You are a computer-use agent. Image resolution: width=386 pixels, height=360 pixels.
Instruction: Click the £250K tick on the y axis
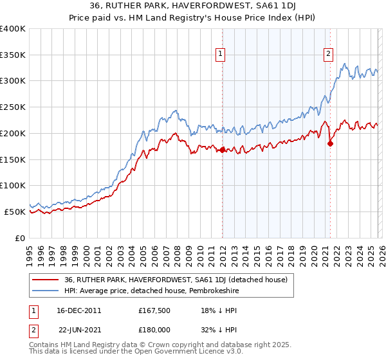[x=13, y=107]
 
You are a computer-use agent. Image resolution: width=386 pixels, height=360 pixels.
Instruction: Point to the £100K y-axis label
[x=13, y=185]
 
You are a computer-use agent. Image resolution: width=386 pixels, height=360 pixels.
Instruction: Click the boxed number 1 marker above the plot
[x=221, y=55]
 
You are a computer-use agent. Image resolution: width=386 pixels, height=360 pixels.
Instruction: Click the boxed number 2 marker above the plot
[x=329, y=55]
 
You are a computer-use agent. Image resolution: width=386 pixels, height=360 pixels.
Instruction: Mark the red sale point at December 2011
[x=222, y=150]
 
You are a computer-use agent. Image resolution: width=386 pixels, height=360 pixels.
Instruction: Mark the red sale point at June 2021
[x=330, y=143]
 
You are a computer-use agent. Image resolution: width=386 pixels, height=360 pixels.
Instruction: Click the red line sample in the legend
[x=46, y=280]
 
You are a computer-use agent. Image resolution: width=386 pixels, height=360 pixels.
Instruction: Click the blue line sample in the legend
[x=46, y=291]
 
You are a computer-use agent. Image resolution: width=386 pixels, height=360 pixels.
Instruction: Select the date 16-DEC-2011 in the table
[x=80, y=310]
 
